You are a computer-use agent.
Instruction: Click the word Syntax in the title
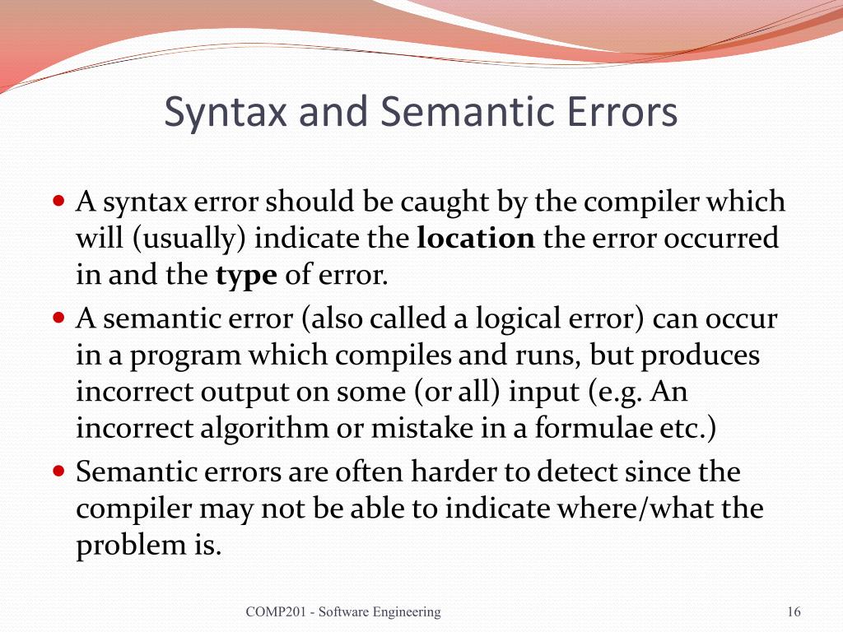tap(226, 113)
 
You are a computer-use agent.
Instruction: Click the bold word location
tap(477, 239)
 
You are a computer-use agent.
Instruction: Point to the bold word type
tap(245, 276)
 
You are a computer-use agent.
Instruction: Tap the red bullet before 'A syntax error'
tap(58, 200)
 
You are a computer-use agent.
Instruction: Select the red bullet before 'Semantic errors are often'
tap(58, 472)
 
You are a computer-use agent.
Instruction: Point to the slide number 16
tap(794, 611)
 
